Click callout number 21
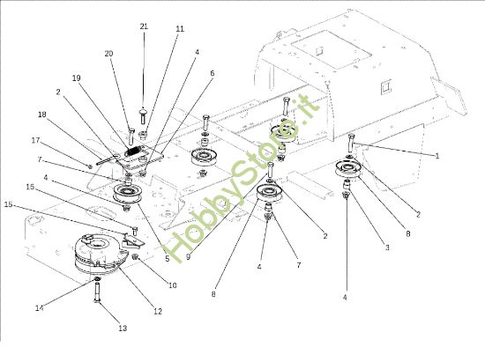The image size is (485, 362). (x=144, y=27)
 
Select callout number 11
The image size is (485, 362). (x=180, y=29)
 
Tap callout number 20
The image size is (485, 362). (x=109, y=54)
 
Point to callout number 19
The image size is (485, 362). (x=76, y=78)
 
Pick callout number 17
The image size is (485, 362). (x=36, y=139)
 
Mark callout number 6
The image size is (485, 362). (x=212, y=73)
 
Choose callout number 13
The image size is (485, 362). (x=123, y=328)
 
